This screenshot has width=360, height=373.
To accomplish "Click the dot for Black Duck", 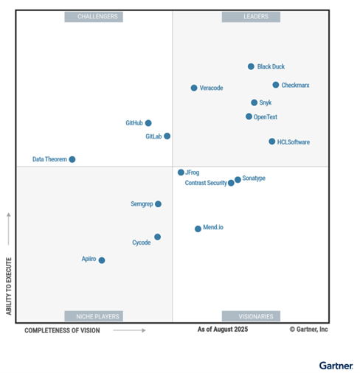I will pos(251,66).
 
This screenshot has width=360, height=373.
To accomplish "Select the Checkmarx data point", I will pos(276,85).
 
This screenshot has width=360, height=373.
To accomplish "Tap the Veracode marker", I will pos(194,88).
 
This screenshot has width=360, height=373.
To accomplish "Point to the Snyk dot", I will pos(255,102).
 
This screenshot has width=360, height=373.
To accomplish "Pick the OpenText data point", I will pos(249,116).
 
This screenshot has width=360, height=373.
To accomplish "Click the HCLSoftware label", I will pos(293,142).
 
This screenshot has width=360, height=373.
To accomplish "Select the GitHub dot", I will pos(148,123).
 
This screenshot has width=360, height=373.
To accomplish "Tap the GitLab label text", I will pos(153,136).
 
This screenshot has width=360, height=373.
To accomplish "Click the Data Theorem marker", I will pos(72,159).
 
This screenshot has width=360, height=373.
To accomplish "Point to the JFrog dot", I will pos(181,172).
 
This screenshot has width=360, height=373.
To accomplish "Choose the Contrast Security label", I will pos(206,183).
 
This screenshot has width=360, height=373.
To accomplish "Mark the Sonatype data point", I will pos(238,179).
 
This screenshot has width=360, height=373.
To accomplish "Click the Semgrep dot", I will pos(158,203).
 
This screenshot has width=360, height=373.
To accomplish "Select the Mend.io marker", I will pos(198,229).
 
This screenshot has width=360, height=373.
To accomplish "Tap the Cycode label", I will pos(142,243).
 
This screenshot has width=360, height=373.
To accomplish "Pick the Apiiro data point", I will pos(102,260).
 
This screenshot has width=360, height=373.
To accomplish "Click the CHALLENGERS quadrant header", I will pos(94,16).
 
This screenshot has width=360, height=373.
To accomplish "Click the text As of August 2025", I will pos(223,330).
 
